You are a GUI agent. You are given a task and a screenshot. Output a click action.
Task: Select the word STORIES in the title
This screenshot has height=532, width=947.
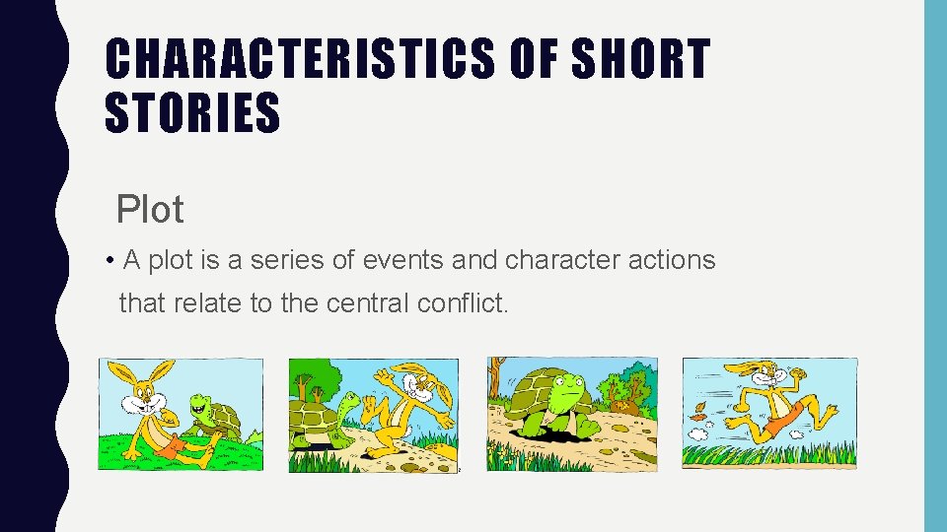[193, 112]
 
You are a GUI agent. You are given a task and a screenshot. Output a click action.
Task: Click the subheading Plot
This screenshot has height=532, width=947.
[150, 209]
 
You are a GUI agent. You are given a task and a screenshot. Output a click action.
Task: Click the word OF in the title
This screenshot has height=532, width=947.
[531, 60]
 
